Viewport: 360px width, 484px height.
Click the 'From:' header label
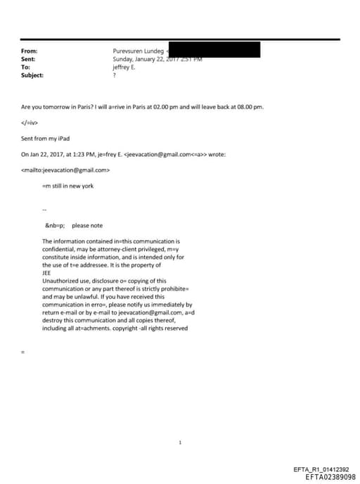(x=30, y=51)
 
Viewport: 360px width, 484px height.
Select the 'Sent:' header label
(x=29, y=59)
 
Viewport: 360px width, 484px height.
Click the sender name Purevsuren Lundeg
(x=138, y=51)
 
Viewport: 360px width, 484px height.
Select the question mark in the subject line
(x=114, y=75)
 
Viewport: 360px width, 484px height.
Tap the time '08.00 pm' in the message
(x=250, y=107)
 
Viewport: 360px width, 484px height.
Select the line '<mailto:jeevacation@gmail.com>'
(x=67, y=170)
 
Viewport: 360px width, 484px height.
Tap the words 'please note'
(x=87, y=225)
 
